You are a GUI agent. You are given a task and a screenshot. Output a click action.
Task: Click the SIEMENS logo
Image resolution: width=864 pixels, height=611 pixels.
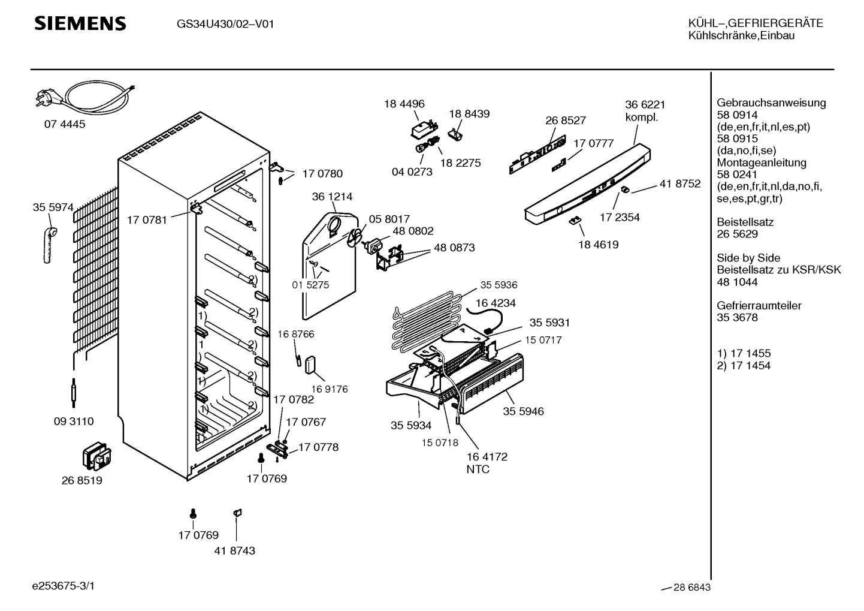click(80, 23)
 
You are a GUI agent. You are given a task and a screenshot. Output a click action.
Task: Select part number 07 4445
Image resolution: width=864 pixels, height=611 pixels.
click(64, 125)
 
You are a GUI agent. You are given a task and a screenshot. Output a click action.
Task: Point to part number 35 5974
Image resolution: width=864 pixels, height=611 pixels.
click(53, 207)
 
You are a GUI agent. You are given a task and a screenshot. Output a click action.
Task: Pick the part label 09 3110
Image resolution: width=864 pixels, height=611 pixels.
click(73, 422)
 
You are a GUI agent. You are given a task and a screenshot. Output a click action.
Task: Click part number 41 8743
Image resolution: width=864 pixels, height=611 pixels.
click(234, 550)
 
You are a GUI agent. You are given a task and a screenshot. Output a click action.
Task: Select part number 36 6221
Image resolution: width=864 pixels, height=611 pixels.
click(645, 104)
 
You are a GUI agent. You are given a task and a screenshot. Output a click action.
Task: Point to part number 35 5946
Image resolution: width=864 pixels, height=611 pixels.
click(523, 411)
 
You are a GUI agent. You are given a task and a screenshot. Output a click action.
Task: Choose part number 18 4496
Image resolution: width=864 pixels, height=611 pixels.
click(404, 104)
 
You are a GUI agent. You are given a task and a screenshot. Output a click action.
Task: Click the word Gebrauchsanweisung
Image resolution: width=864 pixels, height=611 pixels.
click(762, 103)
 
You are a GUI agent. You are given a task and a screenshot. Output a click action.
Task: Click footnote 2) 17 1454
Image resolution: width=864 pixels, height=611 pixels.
click(744, 366)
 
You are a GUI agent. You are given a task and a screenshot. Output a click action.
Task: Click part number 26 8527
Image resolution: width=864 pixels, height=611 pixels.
click(565, 121)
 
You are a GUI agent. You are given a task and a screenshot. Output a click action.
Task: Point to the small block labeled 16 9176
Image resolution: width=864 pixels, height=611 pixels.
click(310, 365)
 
